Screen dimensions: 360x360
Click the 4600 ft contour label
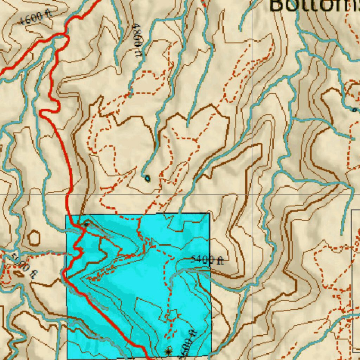point(36,17)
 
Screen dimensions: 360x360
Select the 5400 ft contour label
point(207,260)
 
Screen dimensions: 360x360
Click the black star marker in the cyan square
point(168,351)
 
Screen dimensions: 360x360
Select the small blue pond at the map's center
point(147,179)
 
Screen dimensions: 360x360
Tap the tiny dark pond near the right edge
point(354,110)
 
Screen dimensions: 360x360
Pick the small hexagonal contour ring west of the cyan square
point(34,238)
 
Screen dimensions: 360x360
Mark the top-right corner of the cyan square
point(210,213)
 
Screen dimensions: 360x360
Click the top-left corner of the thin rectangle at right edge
point(352,210)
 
